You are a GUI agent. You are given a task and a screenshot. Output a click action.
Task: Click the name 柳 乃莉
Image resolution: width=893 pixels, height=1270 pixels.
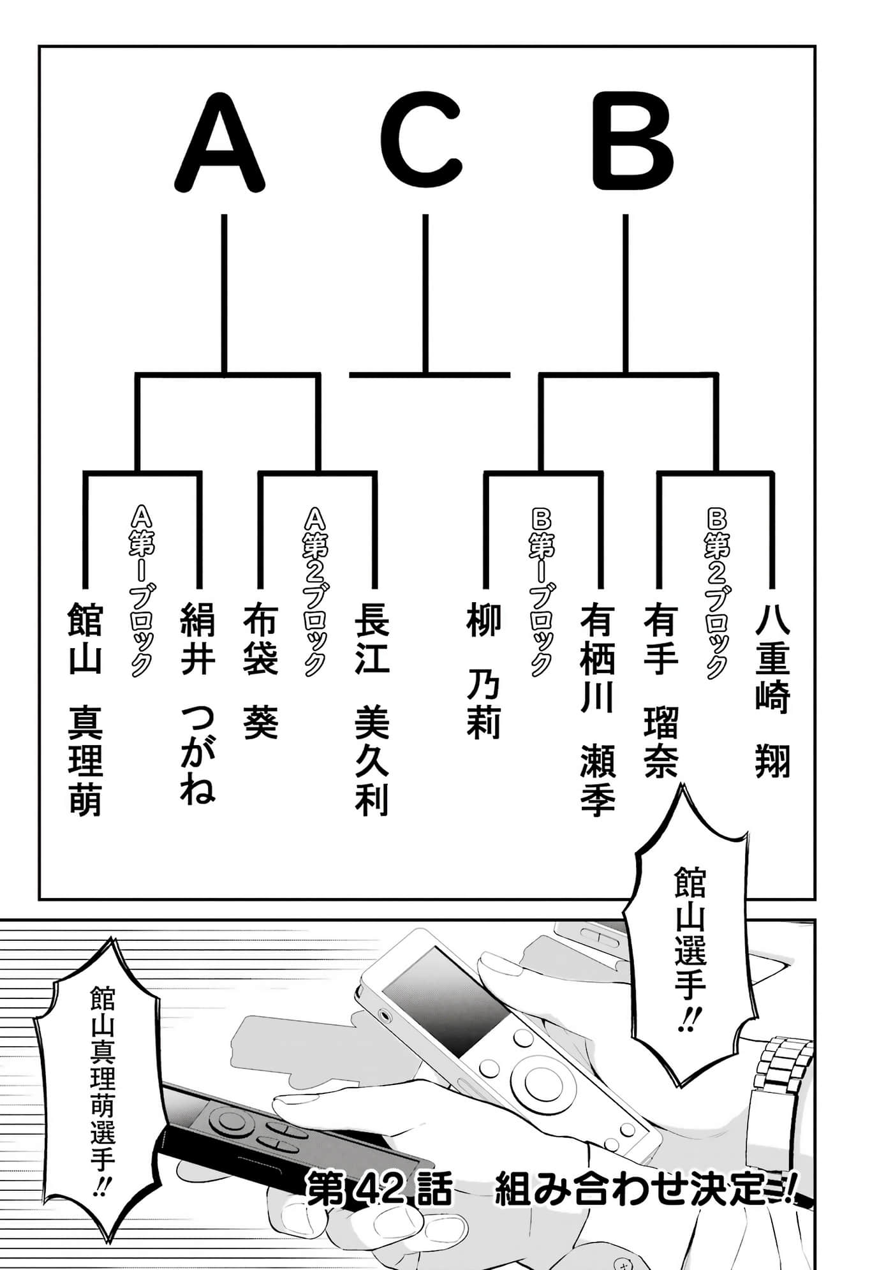point(483,670)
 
